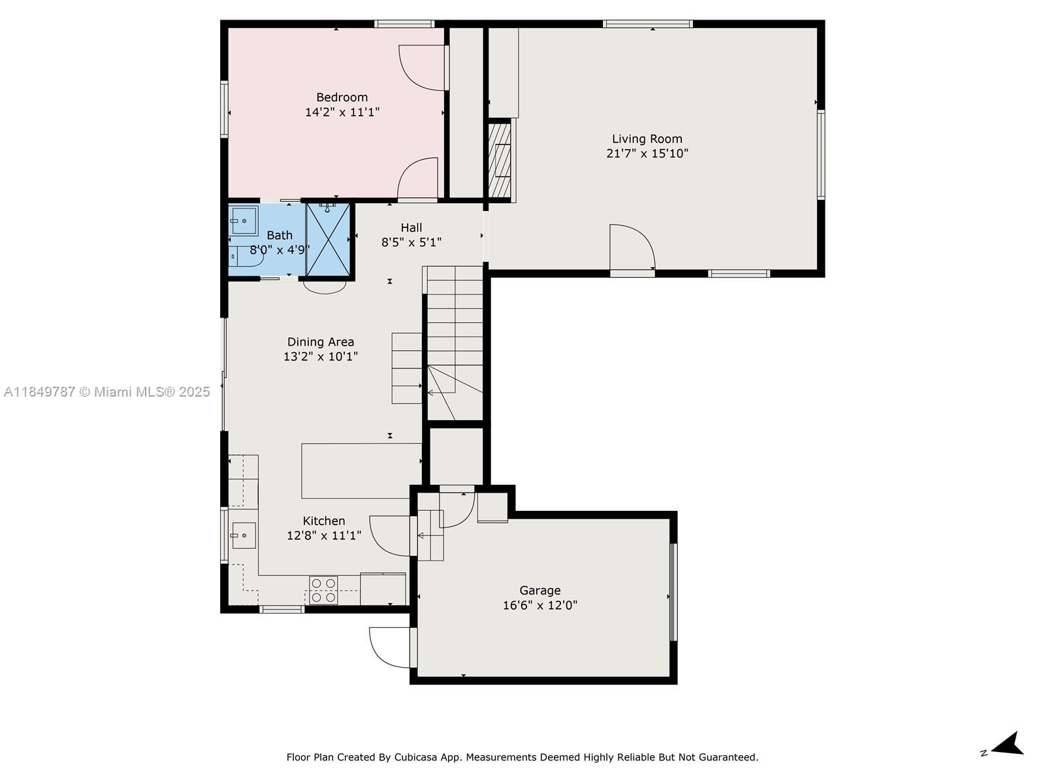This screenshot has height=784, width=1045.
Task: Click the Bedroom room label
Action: (342, 97)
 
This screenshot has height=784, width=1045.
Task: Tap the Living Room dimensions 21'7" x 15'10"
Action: (647, 154)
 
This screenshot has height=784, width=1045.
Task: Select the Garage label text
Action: (539, 590)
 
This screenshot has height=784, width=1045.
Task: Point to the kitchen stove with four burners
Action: (323, 589)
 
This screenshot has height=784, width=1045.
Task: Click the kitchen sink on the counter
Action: (243, 536)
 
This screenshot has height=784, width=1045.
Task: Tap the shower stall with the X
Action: (329, 240)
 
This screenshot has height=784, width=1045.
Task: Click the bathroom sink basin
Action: (244, 221)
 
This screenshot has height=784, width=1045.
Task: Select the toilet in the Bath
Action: (244, 257)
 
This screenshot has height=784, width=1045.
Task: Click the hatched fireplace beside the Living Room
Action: (500, 161)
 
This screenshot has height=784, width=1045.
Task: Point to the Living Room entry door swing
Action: (630, 246)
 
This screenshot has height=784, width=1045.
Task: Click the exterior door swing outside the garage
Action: (391, 647)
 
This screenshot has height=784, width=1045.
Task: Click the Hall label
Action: (411, 227)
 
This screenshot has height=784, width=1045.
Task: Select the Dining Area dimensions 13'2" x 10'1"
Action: (320, 357)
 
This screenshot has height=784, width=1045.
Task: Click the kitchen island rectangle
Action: (361, 470)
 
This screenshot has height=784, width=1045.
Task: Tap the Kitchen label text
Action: (323, 521)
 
